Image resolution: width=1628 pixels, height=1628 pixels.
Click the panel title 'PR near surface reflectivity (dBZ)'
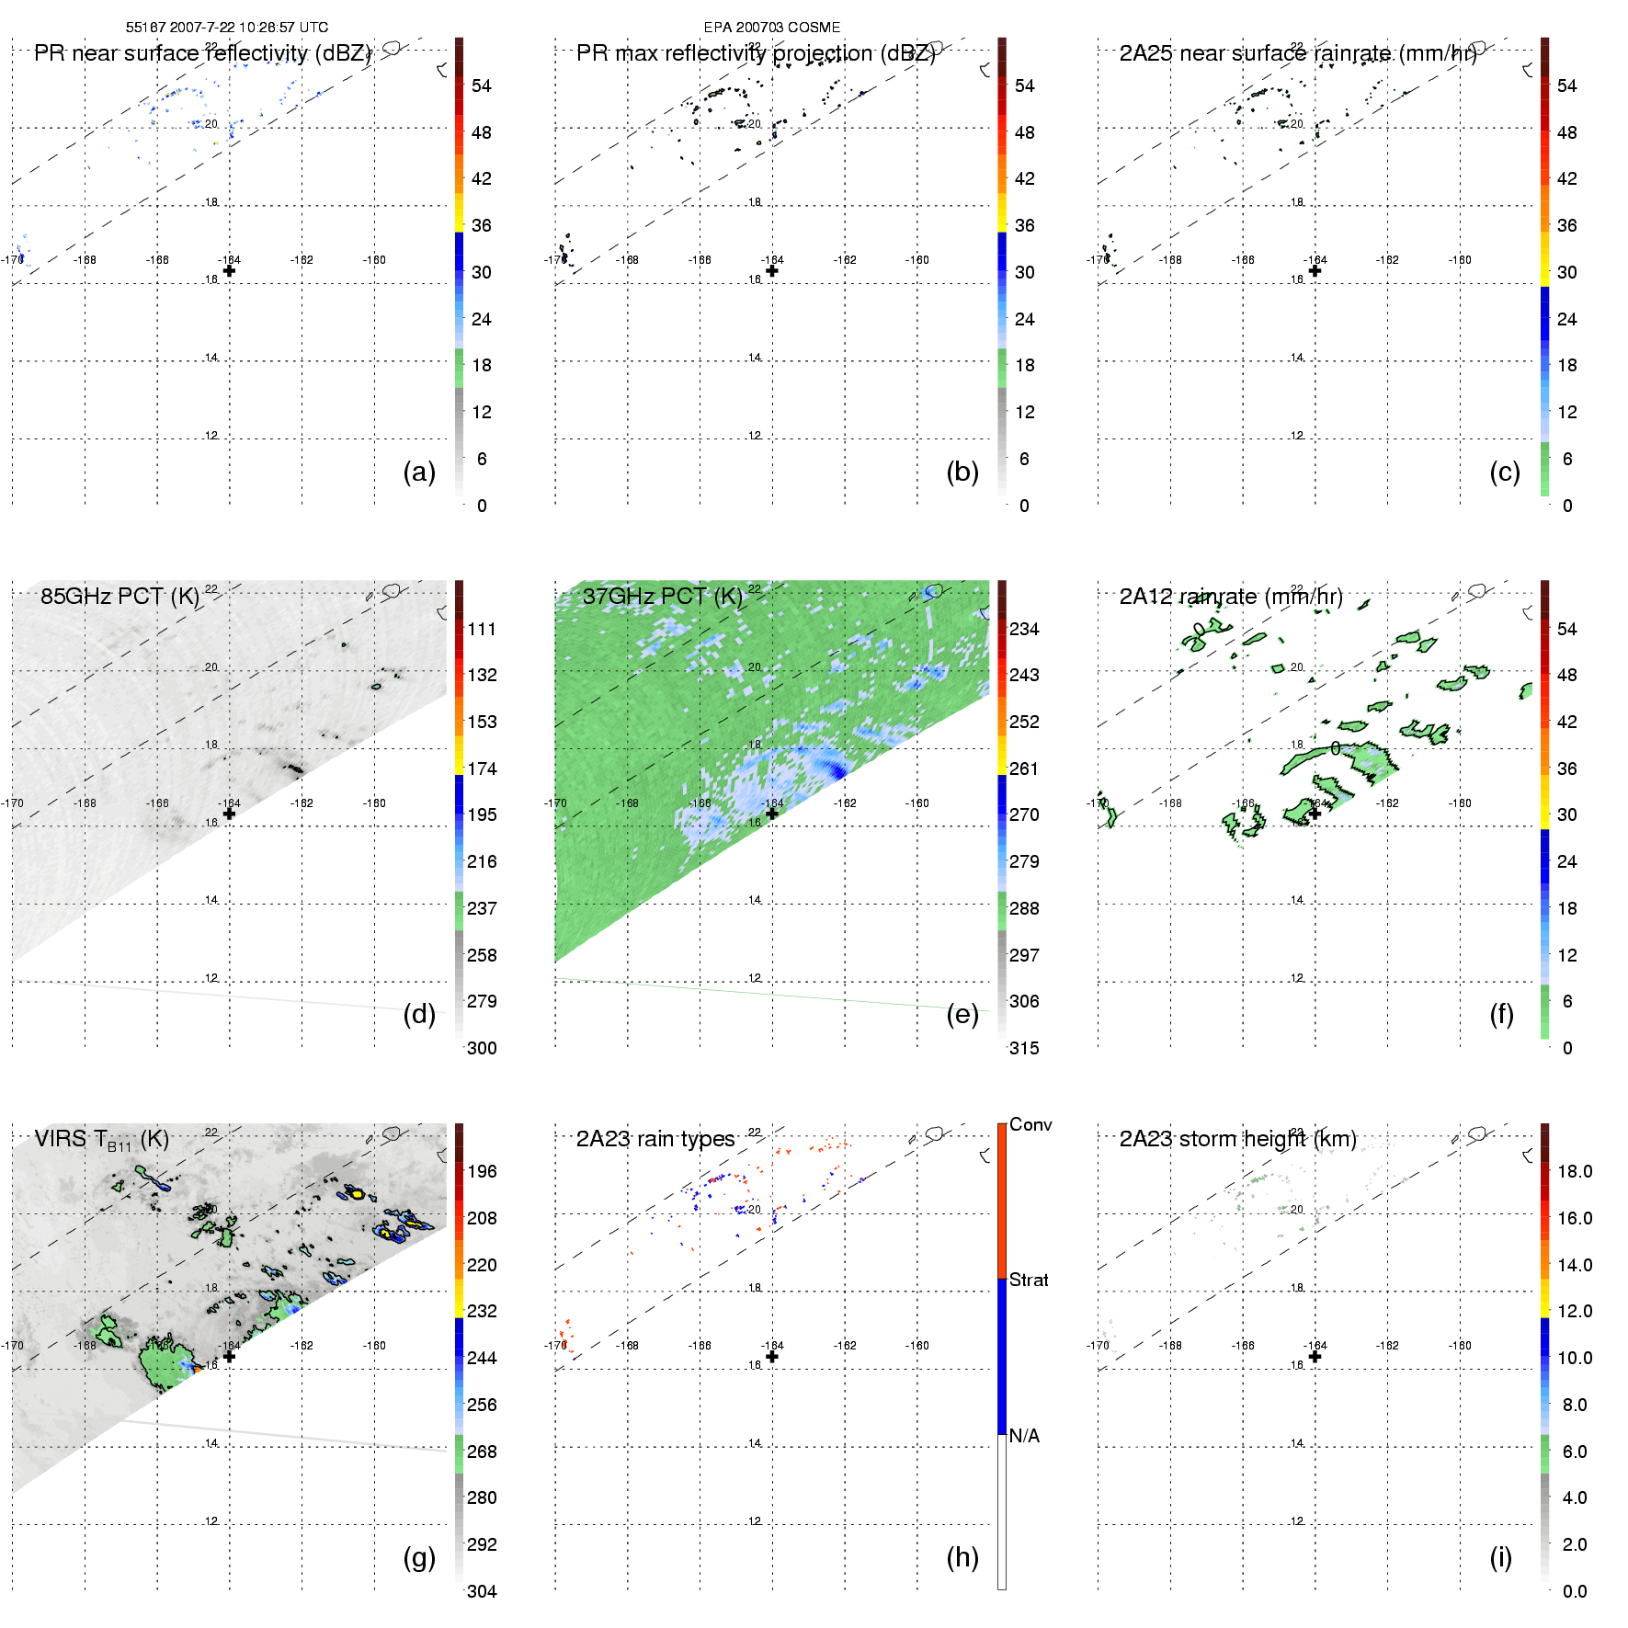202,53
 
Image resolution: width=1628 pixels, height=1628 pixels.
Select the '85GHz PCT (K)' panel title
120,597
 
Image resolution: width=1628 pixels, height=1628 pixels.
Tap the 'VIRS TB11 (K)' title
101,1140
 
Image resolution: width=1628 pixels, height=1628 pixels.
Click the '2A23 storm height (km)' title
1237,1140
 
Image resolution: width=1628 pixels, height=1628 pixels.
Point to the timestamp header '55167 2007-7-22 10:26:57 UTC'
226,28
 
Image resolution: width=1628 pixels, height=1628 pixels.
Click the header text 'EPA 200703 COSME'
771,28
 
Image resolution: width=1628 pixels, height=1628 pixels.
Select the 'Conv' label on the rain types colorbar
1030,1125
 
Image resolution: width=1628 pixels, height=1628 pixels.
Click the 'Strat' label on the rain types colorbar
1029,1281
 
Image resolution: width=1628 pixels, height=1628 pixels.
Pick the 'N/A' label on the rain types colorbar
1024,1436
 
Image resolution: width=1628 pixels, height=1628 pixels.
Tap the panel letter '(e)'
962,1015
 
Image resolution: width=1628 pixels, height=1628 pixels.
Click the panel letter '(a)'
418,472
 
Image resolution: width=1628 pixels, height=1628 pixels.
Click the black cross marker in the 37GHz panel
772,814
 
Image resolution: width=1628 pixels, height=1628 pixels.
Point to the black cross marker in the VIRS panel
229,1356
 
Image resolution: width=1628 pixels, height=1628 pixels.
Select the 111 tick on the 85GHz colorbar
482,630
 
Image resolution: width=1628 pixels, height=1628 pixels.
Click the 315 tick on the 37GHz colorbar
1024,1049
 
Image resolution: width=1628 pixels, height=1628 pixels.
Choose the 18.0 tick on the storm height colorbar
1574,1172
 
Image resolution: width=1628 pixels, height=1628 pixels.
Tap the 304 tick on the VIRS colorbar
482,1591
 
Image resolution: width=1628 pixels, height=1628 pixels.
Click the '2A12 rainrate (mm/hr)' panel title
1230,597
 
